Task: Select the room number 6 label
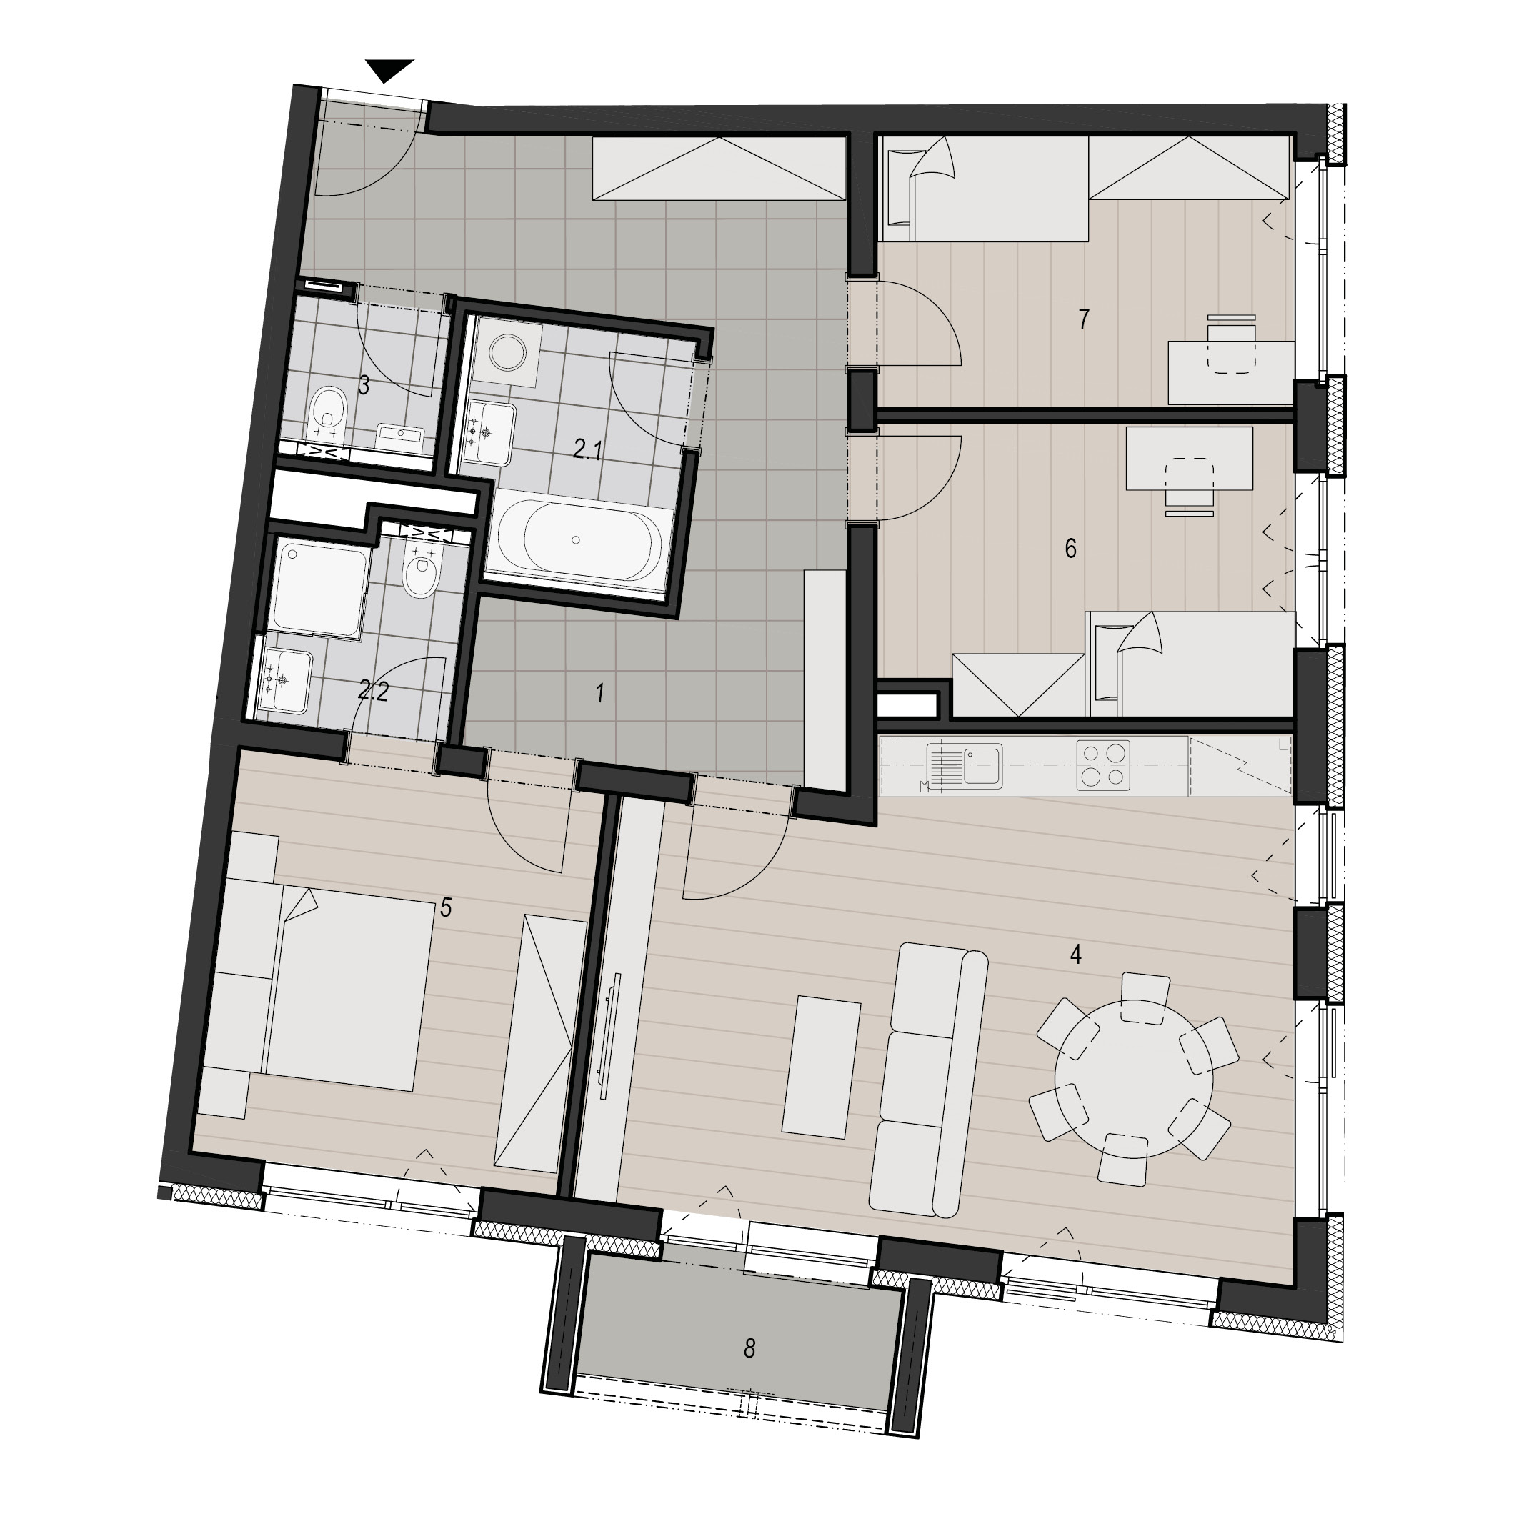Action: (1071, 548)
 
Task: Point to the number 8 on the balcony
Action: (749, 1348)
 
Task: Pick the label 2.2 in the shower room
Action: (373, 692)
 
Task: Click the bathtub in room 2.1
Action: (577, 540)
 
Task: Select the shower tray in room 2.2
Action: (319, 587)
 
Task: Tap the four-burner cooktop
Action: (1103, 765)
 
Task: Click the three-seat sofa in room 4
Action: (929, 1082)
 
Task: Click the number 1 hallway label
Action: (600, 694)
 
